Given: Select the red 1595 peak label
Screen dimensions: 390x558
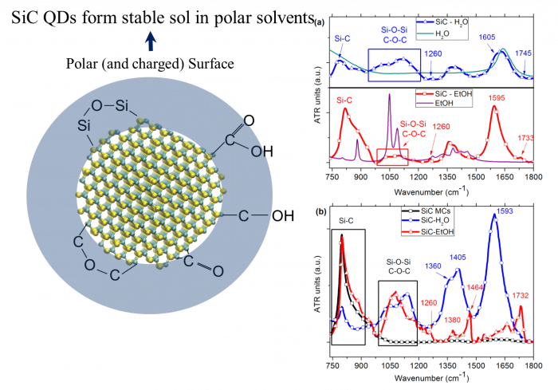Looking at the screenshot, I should click(496, 98).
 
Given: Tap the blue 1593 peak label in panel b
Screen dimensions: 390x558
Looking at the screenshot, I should click(505, 211).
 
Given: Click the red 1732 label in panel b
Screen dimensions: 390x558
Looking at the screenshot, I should click(521, 296).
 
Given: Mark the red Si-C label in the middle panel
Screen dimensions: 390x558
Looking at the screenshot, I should click(345, 101).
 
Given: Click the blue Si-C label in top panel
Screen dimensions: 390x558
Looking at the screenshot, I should click(342, 37).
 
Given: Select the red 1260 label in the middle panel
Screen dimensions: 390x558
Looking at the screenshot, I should click(441, 126).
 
